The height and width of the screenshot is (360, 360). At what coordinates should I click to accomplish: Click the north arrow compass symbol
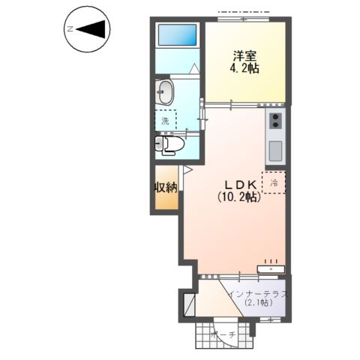87,29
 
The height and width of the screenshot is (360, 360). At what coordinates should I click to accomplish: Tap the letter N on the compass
70,29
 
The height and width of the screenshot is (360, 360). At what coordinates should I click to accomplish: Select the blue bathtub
177,34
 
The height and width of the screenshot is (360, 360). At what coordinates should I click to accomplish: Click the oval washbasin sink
164,91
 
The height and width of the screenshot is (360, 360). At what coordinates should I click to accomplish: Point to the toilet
169,145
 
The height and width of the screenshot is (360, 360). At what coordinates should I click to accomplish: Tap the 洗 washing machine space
166,121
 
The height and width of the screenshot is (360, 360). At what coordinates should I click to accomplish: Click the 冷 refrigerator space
274,183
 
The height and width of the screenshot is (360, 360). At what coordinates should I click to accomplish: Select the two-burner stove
275,121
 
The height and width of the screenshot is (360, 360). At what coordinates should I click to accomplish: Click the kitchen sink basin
275,151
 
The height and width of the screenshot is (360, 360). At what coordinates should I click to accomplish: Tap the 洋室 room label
244,56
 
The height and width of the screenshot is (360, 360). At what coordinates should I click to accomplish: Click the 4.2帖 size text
244,68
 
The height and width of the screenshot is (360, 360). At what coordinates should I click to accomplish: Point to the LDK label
241,185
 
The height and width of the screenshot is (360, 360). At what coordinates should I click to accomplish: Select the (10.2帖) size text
239,197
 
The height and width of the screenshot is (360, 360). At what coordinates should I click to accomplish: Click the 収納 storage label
166,187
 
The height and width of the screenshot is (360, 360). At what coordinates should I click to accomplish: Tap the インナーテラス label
258,294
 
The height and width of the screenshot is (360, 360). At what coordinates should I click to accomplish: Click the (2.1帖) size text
259,303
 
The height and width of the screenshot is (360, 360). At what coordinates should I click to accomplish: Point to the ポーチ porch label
223,334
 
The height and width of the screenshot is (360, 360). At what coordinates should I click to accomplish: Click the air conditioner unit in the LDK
271,269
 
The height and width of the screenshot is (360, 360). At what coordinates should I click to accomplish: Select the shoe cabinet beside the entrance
189,305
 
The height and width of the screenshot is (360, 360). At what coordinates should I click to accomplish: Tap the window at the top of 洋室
243,19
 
